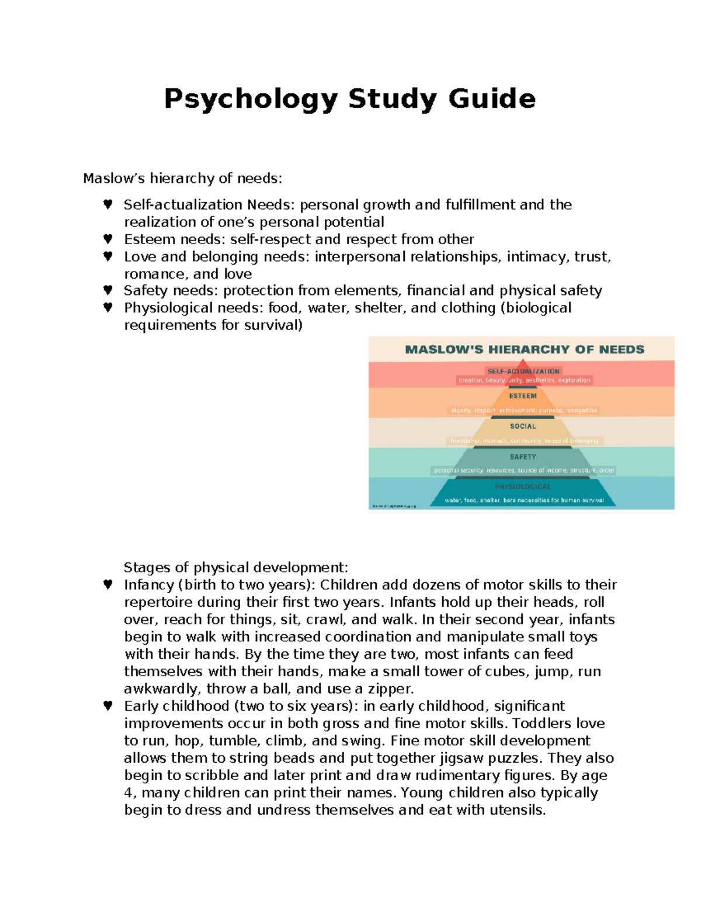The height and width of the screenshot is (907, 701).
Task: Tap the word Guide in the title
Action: coord(491,99)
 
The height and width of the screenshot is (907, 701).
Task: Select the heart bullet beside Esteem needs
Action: coord(107,239)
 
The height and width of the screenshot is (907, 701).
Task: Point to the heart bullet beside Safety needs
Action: coord(107,290)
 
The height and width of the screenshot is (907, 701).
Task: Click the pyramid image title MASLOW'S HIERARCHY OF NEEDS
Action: coord(524,349)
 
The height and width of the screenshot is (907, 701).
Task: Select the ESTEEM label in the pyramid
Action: coord(522,396)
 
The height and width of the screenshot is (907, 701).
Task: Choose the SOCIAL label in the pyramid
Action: coord(522,426)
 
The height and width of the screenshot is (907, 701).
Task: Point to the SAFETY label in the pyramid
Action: coord(522,457)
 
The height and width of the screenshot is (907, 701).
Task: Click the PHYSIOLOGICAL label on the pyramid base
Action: coord(522,486)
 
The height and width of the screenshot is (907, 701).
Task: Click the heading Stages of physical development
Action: coord(235,568)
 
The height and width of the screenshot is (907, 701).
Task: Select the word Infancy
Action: coord(148,585)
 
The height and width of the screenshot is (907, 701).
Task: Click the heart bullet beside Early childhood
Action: coord(107,706)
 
